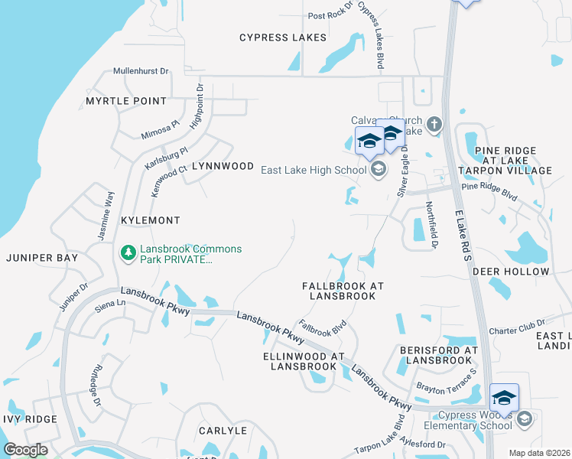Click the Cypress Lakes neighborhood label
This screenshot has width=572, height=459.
(282, 37)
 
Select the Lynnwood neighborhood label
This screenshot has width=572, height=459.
(222, 166)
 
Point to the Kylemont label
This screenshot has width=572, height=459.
(151, 220)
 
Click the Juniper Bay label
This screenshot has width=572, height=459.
(42, 259)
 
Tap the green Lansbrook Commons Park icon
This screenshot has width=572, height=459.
(128, 252)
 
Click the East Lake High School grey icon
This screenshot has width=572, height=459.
(377, 171)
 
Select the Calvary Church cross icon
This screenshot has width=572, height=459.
(434, 124)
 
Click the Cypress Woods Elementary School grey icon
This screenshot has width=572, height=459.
(524, 418)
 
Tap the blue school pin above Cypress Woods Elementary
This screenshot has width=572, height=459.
(504, 398)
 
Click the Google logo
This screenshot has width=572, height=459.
(25, 450)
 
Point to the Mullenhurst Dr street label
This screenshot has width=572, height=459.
(140, 71)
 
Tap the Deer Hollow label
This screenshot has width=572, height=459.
(511, 272)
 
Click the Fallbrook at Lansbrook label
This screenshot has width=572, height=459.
(342, 291)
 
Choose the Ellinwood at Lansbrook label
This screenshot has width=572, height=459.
(304, 361)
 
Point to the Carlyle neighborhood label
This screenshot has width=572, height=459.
(223, 431)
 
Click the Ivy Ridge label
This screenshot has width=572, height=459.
(29, 419)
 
